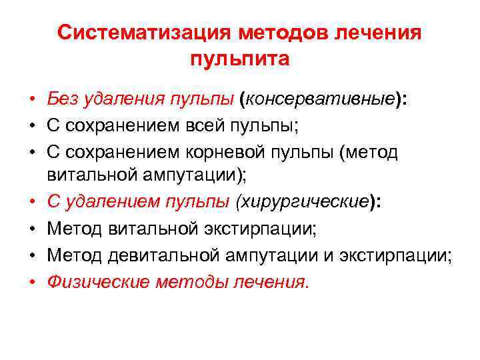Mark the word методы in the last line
[x=192, y=281]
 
